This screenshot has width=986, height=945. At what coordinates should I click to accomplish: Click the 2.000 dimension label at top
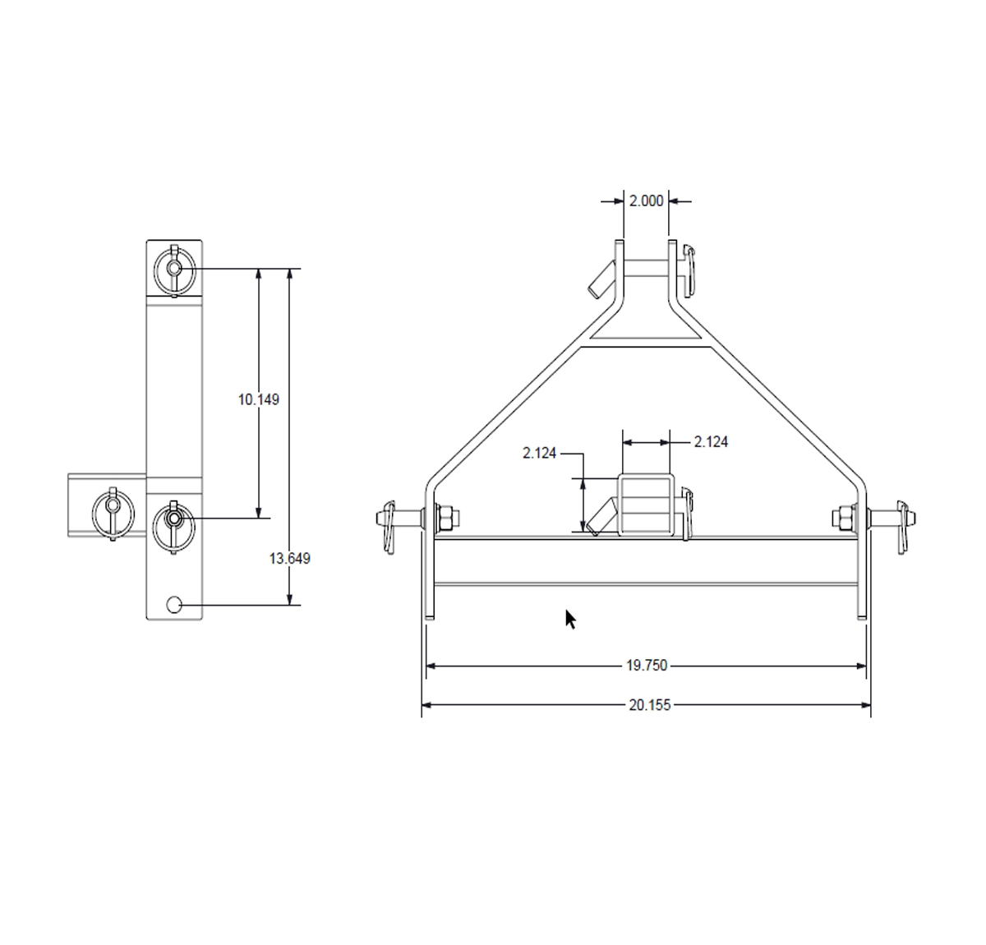tap(646, 201)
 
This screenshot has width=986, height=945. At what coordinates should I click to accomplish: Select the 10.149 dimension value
tap(259, 400)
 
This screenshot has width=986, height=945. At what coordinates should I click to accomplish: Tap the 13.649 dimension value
tap(290, 559)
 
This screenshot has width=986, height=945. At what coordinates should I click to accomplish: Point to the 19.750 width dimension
tap(647, 666)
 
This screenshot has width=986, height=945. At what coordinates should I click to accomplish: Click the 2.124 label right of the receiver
tap(711, 442)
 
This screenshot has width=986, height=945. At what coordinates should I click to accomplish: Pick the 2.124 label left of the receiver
tap(540, 453)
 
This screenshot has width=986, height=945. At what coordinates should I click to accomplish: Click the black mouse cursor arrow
tap(570, 620)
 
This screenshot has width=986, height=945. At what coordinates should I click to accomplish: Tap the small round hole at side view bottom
tap(174, 605)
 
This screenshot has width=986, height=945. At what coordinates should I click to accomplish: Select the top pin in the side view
tap(174, 268)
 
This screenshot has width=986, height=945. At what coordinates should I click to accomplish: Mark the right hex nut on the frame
tap(842, 518)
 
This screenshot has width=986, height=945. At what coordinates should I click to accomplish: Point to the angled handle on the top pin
tap(599, 279)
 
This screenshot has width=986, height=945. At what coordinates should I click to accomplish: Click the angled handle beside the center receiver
tap(600, 516)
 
